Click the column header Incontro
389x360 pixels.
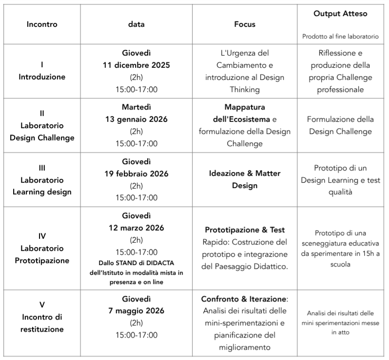pyautogui.click(x=42, y=24)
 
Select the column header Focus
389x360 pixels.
pyautogui.click(x=244, y=24)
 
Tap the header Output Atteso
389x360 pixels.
pyautogui.click(x=340, y=14)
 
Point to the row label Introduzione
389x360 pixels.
pyautogui.click(x=42, y=77)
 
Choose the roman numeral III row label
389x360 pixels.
pyautogui.click(x=42, y=168)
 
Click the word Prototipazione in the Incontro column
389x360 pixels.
pyautogui.click(x=42, y=261)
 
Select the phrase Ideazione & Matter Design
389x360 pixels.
pyautogui.click(x=244, y=179)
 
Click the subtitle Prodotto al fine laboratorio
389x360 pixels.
pyautogui.click(x=340, y=36)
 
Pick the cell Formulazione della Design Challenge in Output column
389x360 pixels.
pyautogui.click(x=340, y=125)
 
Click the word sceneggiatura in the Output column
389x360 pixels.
pyautogui.click(x=340, y=243)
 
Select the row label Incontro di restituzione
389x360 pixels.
pyautogui.click(x=42, y=322)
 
